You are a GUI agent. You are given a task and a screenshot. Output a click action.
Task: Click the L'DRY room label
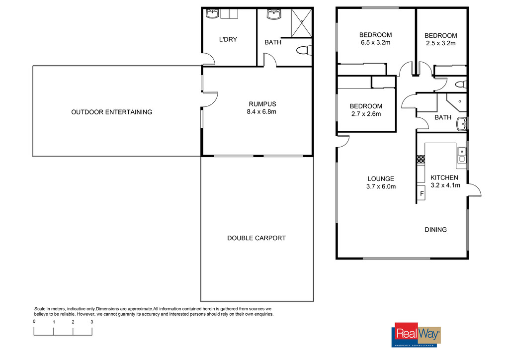click(x=228, y=40)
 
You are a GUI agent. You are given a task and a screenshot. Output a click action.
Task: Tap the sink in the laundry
click(x=212, y=14)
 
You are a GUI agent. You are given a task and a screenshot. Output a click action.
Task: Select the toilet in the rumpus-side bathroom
click(x=304, y=51)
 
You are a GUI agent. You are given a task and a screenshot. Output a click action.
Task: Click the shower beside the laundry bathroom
click(x=302, y=23)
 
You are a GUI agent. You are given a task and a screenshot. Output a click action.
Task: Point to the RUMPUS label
click(x=262, y=104)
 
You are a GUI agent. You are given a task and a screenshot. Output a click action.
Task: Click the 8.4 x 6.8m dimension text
click(x=261, y=112)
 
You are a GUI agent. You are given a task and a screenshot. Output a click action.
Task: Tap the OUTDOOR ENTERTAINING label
click(x=112, y=112)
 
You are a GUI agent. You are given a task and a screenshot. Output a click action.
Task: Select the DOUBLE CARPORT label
click(x=256, y=238)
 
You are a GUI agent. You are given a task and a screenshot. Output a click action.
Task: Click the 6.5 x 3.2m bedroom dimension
click(x=376, y=43)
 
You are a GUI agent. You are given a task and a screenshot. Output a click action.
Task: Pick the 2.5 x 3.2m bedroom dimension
click(x=441, y=43)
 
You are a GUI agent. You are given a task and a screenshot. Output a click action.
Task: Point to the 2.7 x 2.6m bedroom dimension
click(x=366, y=114)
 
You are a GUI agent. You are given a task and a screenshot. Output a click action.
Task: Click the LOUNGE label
click(x=381, y=179)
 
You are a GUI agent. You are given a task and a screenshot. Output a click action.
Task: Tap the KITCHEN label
click(x=444, y=178)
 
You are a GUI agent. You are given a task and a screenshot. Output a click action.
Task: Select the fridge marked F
click(x=421, y=193)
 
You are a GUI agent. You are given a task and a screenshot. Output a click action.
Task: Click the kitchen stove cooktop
click(x=421, y=159)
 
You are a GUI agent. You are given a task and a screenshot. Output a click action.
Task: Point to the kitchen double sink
click(x=462, y=155)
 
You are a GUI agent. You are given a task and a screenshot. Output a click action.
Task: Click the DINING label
click(x=435, y=230)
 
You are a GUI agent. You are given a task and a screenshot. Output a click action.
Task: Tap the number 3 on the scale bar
click(x=92, y=322)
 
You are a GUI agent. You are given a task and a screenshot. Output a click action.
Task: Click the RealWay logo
click(x=418, y=334)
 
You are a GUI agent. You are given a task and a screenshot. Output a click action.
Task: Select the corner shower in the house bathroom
click(x=457, y=102)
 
